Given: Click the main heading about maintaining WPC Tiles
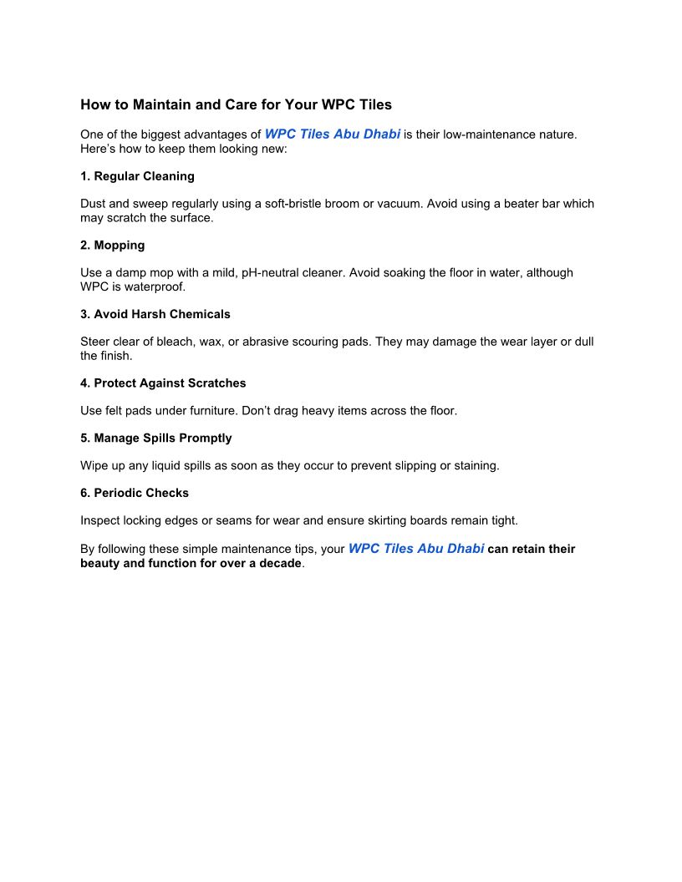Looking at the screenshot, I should (236, 105).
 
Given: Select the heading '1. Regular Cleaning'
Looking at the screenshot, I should (137, 176).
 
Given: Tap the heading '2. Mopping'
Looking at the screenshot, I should (112, 246).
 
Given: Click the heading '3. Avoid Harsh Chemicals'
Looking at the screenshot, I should (155, 314).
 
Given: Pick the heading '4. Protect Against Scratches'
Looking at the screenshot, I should (163, 383).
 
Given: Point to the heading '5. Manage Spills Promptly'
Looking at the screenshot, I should (155, 438).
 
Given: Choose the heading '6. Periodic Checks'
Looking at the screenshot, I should (135, 493).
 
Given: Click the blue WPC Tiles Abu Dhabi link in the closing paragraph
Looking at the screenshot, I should (416, 550).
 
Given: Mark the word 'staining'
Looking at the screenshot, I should (474, 466).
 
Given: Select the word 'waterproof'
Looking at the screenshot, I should (156, 286).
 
